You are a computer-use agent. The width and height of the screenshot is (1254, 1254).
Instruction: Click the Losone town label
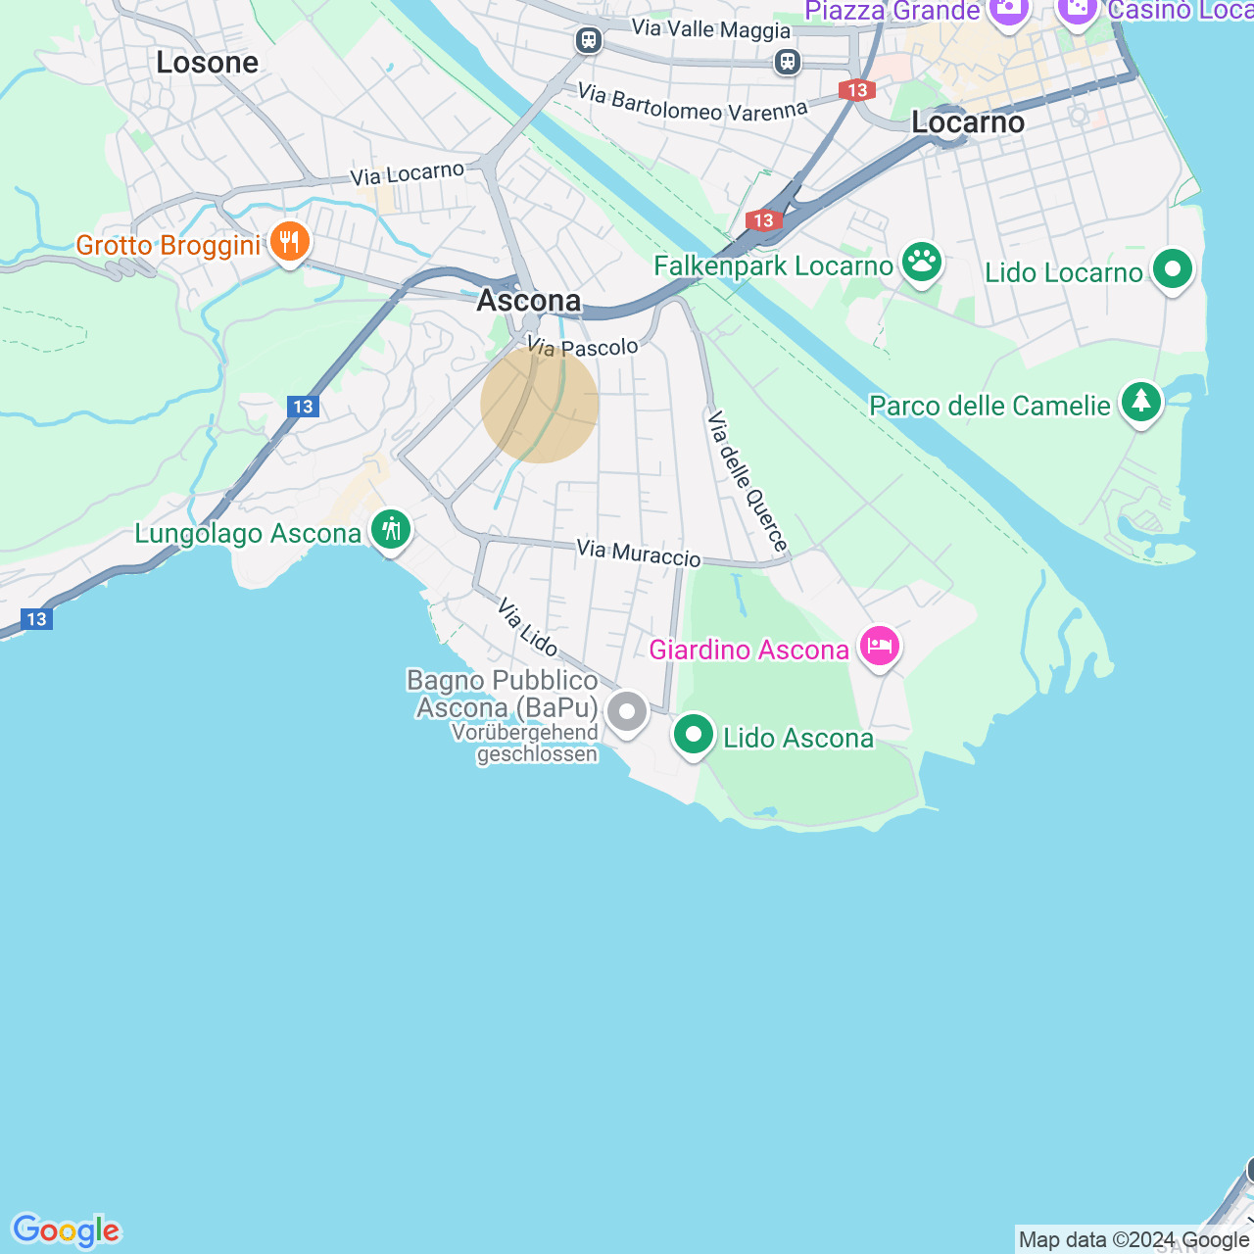[x=208, y=63]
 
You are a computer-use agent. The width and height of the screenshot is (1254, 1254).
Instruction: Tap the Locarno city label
[x=968, y=122]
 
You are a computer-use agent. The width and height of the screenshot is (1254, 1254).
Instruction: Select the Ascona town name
[x=529, y=300]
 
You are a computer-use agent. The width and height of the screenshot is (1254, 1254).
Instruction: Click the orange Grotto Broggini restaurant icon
[x=289, y=241]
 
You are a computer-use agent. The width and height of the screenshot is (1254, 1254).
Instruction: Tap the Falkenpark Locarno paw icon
[x=921, y=263]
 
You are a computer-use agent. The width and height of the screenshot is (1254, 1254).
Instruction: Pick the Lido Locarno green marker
[x=1172, y=269]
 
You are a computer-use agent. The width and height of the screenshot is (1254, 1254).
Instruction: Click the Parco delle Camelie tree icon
[x=1140, y=402]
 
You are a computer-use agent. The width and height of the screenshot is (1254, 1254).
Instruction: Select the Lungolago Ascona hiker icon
[x=391, y=530]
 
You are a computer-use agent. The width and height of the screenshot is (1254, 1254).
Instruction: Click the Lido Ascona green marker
[x=694, y=734]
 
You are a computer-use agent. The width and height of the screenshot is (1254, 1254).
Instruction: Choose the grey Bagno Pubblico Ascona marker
[x=627, y=712]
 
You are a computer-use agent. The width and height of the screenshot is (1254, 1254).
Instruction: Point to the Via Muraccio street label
[x=639, y=554]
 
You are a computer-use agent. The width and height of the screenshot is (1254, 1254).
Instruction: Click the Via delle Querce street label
[x=748, y=481]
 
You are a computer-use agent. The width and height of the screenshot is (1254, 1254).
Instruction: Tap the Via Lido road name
[x=527, y=627]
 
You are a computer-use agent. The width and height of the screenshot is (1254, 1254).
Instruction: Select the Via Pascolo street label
[x=583, y=347]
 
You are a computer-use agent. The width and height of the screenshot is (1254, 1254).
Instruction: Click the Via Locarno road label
[x=408, y=174]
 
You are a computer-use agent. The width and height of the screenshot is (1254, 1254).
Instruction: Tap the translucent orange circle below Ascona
[x=540, y=404]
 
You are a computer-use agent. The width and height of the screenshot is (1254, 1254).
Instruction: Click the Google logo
[x=67, y=1230]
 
